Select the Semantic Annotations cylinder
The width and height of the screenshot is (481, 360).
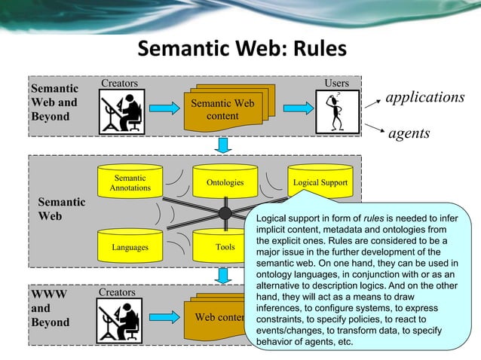(x=130, y=183)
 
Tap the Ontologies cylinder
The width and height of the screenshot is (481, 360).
(x=225, y=183)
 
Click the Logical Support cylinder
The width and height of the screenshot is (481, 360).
(x=320, y=182)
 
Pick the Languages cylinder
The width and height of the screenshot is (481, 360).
(x=130, y=246)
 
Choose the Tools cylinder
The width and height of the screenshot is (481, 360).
(x=224, y=246)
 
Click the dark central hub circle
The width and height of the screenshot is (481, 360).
(x=225, y=213)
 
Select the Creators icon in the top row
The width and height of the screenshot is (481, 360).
(x=121, y=111)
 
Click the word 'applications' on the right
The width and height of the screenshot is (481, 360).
(x=425, y=98)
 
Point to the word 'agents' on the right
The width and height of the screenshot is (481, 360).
(x=409, y=134)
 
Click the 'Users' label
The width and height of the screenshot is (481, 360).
(x=336, y=82)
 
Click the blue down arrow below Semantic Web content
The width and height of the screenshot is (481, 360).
(x=223, y=144)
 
